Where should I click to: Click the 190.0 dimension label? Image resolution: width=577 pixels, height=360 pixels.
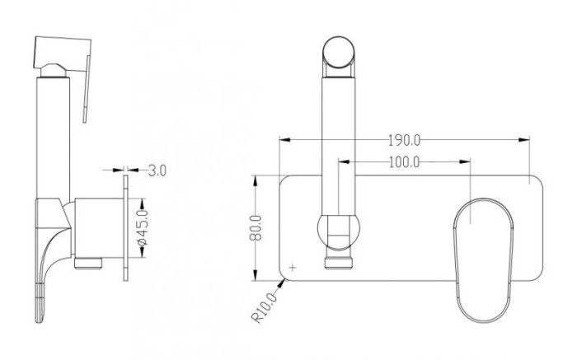(404, 140)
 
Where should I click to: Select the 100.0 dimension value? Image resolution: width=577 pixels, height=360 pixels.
(404, 161)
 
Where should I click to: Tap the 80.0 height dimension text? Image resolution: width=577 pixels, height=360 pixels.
(256, 228)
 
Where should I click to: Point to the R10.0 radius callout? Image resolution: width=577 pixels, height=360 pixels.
(265, 307)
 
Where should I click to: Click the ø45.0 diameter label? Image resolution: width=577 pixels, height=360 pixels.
(142, 228)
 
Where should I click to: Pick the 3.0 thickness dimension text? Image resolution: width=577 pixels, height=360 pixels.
(157, 171)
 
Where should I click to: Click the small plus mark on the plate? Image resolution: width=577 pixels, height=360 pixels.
(293, 268)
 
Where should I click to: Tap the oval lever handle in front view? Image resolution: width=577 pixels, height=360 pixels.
(483, 260)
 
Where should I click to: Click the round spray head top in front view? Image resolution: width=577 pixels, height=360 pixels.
(339, 52)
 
